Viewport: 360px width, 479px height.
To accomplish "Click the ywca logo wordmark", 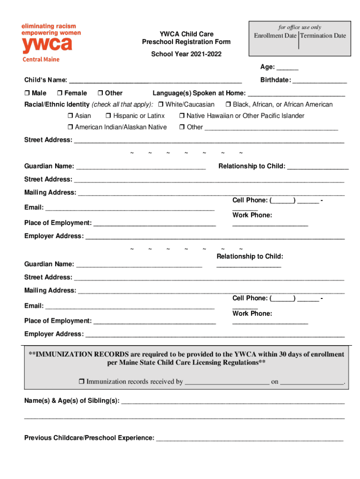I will (47, 45).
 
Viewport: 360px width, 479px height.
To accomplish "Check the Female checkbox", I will (59, 93).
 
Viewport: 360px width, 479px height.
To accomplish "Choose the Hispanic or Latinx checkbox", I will (108, 116).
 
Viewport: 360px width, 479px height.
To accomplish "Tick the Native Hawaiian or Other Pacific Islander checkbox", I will (181, 116).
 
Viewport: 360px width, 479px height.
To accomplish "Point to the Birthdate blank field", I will (320, 80).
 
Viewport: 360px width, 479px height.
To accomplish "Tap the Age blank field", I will (288, 67).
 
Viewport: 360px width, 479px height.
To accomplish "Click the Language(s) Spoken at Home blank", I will (296, 94).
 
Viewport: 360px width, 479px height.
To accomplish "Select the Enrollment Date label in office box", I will (275, 36).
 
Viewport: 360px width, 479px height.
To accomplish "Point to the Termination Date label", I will (323, 36).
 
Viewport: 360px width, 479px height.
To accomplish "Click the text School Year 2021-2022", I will (186, 54).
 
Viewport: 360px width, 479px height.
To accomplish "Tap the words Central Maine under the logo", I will (41, 60).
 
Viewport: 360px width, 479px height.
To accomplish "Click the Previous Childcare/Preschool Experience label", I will (89, 438).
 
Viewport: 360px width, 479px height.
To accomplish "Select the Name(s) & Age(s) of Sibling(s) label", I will (72, 401).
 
